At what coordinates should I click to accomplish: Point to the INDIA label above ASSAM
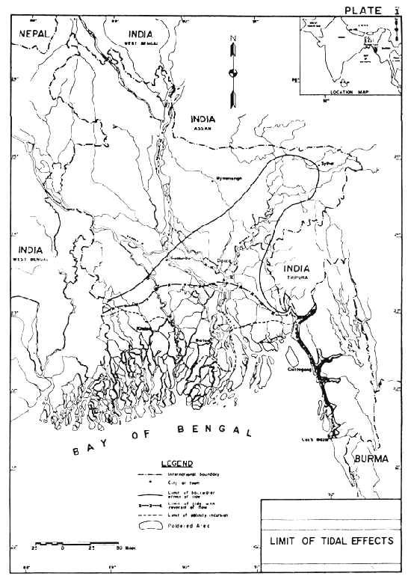(x=203, y=119)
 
